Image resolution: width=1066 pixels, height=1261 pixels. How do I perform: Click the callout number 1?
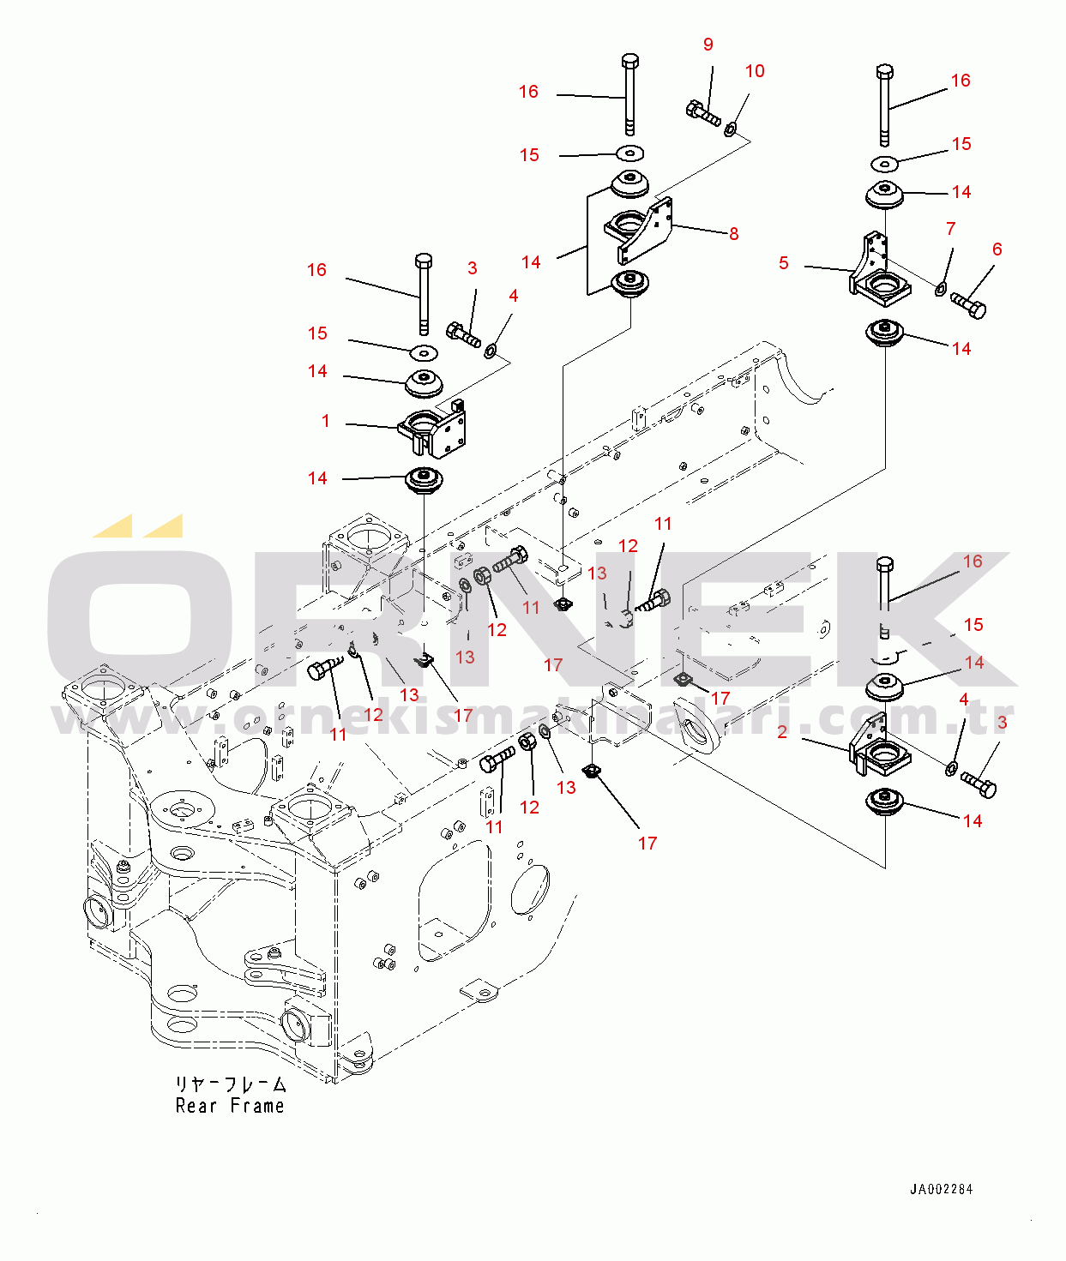point(326,421)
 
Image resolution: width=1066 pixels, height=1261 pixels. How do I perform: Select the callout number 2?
point(782,732)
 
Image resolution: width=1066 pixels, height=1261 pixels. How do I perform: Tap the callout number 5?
point(784,263)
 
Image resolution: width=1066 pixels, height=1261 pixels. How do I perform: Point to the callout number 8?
point(734,234)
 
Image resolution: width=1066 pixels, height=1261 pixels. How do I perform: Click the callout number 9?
point(708,45)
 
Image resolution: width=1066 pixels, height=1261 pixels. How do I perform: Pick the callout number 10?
point(755,71)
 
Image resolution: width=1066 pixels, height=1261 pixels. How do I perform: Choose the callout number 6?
point(997,249)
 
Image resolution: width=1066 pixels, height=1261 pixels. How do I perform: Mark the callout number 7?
point(950,229)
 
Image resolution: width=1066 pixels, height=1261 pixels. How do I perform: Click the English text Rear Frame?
point(229,1106)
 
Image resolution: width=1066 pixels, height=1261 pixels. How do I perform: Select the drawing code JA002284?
point(941,1189)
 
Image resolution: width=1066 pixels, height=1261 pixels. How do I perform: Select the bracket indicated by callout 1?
point(434,430)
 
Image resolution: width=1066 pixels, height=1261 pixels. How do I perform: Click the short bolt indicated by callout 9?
point(702,112)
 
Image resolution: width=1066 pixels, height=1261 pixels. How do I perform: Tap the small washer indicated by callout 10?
point(730,129)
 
